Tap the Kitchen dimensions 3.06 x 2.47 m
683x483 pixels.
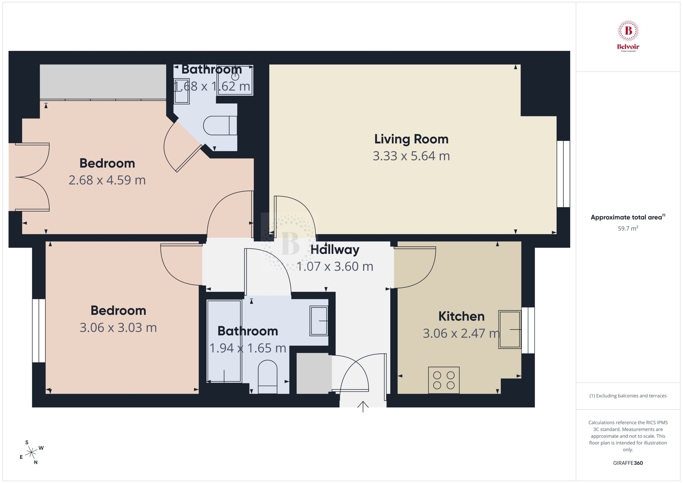pos(461,333)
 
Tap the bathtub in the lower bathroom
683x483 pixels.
pos(224,341)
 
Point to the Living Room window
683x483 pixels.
pos(563,174)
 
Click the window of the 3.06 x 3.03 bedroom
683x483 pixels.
pos(39,331)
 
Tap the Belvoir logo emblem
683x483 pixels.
pos(628,31)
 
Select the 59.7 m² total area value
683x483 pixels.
pos(628,228)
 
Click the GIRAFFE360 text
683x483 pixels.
pos(628,463)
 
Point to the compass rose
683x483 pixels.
pos(31,453)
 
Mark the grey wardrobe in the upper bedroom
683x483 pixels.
pos(103,82)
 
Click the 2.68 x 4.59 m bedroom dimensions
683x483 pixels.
pos(107,180)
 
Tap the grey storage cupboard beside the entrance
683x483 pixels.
pos(314,373)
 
